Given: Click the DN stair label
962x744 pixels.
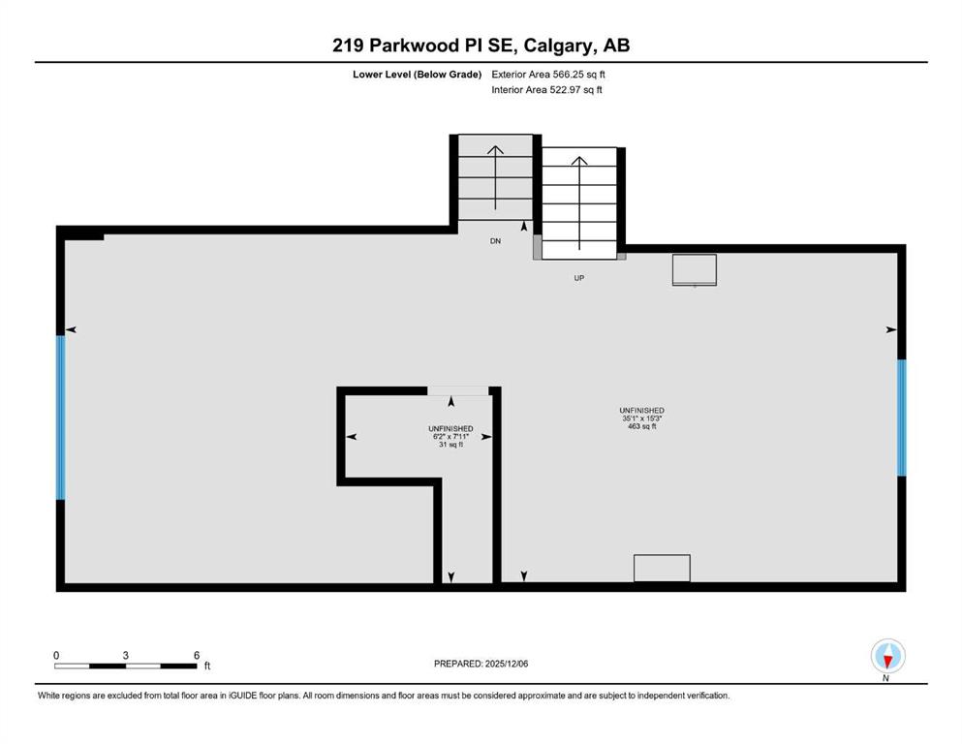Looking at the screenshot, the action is coord(495,241).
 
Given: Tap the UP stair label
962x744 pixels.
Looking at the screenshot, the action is coord(578,278).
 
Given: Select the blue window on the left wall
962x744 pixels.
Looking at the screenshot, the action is coord(60,418).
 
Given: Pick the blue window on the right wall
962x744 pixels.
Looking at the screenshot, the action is coord(901,418).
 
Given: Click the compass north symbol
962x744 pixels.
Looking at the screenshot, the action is coord(887,656).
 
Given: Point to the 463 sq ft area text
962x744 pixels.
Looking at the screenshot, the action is coord(641,426).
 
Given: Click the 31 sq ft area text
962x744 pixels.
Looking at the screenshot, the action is coord(450,445).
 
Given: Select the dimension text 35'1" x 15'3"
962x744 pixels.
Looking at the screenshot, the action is coord(641,418).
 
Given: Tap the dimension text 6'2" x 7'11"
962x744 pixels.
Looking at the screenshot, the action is coord(450,437).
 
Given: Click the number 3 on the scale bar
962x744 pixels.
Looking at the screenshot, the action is coord(125,655).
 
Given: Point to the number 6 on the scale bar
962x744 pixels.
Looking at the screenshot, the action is coord(197,655).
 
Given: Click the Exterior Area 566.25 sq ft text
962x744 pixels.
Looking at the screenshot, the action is coord(548,75).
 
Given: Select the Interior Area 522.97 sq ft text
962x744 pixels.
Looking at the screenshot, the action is coord(546,89).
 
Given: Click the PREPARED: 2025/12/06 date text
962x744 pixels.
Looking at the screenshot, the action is coord(481,664).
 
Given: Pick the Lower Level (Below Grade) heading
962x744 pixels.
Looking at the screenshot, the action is coord(418,75).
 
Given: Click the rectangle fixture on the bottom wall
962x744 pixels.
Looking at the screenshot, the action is coord(662,568).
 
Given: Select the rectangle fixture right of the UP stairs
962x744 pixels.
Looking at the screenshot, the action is coord(695,270).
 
